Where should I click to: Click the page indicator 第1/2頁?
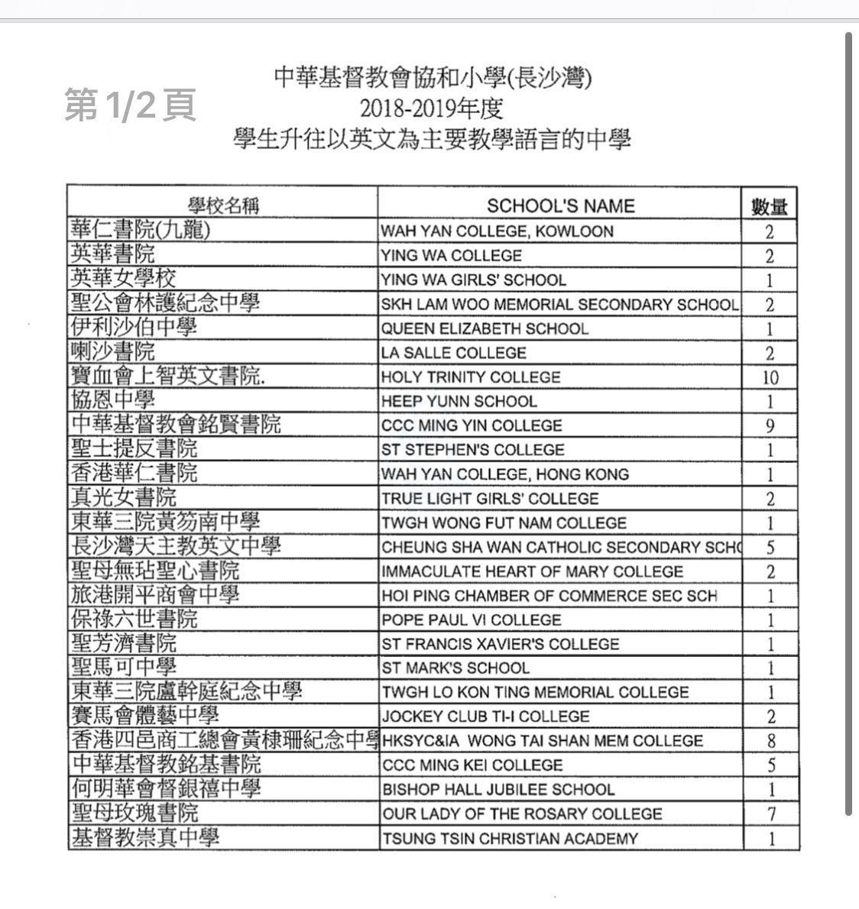pos(130,105)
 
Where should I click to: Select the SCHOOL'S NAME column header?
pos(560,206)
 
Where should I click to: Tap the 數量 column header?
pos(769,206)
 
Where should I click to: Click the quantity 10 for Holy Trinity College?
pos(770,377)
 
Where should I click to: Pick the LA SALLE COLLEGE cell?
pos(454,353)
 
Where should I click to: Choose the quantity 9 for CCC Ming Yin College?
pos(770,425)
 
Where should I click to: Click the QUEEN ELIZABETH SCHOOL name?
pos(485,328)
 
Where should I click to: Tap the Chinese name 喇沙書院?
pos(112,352)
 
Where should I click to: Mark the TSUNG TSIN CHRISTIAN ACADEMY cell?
pos(510,838)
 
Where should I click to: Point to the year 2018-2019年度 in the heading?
pos(432,108)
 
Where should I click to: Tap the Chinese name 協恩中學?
pos(112,401)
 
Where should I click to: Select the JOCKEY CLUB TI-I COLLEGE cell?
pos(485,717)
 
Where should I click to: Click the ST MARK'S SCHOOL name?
pos(455,668)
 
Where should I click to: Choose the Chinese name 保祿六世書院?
pos(134,619)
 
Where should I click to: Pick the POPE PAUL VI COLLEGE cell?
pos(472,619)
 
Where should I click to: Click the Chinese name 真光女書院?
pos(123,498)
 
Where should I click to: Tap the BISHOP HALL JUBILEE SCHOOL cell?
pos(498,789)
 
